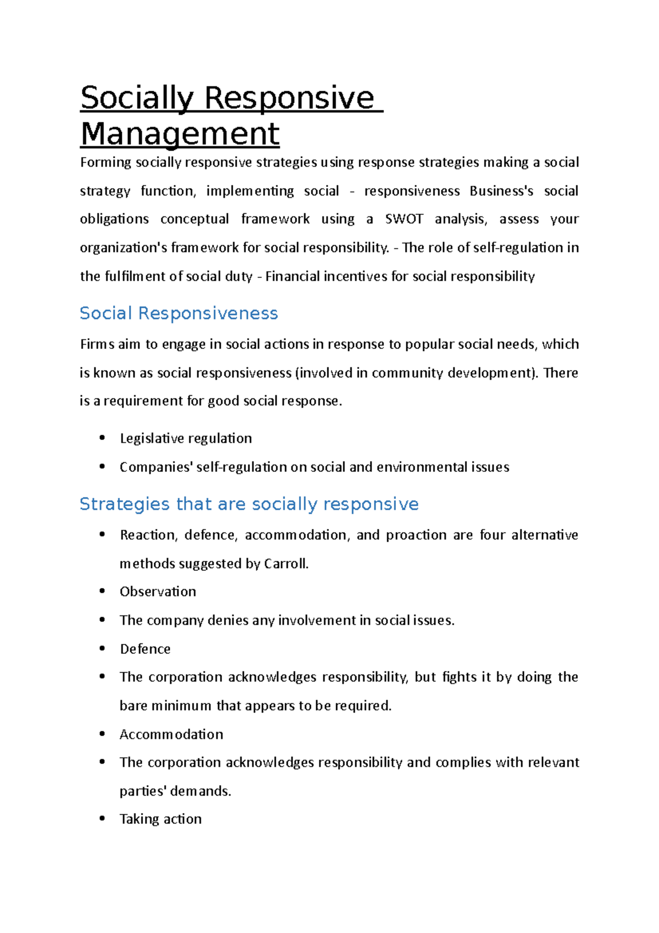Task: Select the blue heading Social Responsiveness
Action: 178,313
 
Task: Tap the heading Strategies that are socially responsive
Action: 249,504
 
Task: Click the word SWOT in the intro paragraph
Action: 404,219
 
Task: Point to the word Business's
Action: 501,191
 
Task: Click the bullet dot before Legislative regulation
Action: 102,438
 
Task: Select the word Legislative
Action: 146,438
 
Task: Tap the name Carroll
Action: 286,563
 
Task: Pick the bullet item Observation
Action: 158,592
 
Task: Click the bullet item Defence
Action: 145,649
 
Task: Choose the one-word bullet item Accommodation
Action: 171,734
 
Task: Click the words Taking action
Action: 160,819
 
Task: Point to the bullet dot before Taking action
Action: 102,819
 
